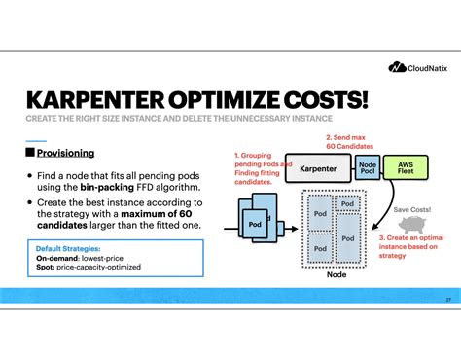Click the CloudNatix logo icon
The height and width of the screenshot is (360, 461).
tap(396, 68)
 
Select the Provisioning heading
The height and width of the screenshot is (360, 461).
tap(65, 153)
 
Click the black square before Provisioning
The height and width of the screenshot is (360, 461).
tap(29, 153)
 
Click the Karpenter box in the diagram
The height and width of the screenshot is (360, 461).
tap(318, 167)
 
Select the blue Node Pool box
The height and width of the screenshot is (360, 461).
tap(367, 167)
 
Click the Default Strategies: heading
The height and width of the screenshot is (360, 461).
tap(69, 248)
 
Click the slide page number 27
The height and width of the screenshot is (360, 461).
tap(448, 298)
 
